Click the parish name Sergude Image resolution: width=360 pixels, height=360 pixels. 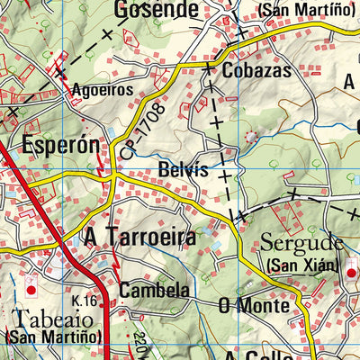click(301, 243)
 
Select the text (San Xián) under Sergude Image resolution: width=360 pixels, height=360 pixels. click(301, 265)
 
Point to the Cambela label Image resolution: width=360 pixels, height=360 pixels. click(154, 291)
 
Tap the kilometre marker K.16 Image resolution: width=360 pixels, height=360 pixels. click(85, 299)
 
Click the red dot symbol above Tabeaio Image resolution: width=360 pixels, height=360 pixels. click(31, 291)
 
